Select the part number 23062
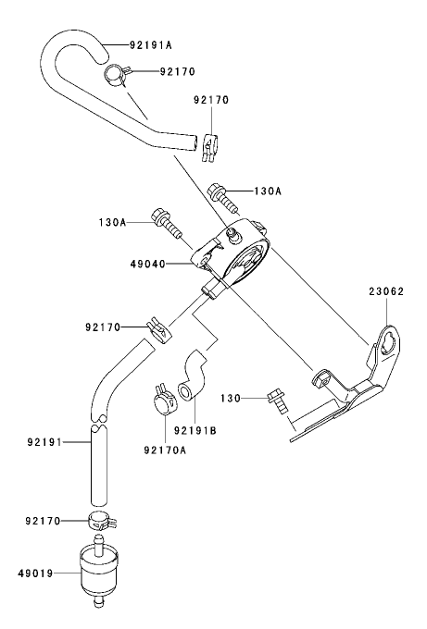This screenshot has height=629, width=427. [386, 290]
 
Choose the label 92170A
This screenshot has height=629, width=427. [165, 450]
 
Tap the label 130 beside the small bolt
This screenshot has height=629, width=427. [232, 398]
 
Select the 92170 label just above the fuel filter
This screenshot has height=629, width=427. [44, 522]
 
